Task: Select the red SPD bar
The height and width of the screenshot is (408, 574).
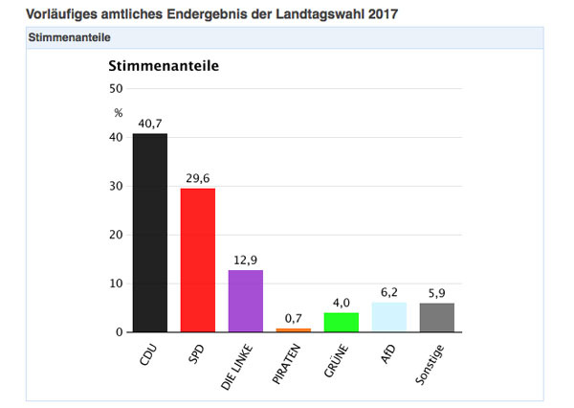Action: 198,260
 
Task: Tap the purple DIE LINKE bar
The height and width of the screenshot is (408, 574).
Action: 246,301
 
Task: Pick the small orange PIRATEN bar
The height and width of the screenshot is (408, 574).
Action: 294,330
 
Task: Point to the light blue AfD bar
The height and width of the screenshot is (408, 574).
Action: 389,317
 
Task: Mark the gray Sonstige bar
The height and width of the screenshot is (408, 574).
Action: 437,318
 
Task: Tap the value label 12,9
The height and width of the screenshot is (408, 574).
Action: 246,261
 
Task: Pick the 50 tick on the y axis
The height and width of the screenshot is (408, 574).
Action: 118,89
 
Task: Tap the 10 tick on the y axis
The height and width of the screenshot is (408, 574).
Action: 118,283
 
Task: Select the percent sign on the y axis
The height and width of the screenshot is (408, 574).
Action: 119,113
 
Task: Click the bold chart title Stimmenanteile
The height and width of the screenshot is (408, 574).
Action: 164,66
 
